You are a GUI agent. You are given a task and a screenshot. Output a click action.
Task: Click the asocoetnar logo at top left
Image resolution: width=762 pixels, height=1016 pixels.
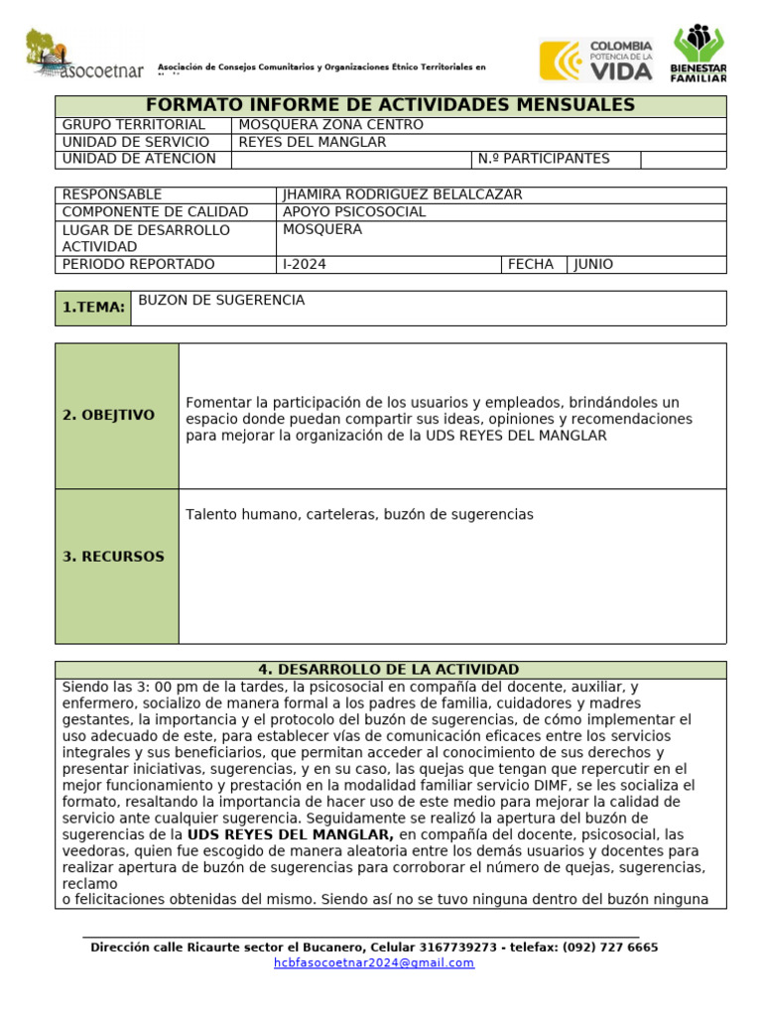[x=83, y=56]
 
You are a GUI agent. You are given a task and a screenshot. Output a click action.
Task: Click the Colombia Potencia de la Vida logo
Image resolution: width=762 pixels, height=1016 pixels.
[x=596, y=60]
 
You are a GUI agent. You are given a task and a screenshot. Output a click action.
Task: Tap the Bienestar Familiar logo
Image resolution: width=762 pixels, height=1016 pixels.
[x=705, y=56]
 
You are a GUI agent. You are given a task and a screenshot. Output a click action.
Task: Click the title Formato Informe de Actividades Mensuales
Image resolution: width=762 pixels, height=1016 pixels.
[x=390, y=105]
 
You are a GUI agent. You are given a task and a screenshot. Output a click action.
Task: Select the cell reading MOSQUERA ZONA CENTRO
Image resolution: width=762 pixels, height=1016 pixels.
[x=330, y=125]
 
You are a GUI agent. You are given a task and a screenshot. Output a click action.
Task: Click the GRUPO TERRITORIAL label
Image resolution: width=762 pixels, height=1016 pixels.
[x=133, y=125]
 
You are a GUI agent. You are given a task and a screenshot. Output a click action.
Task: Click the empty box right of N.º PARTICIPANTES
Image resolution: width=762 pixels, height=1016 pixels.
[x=683, y=159]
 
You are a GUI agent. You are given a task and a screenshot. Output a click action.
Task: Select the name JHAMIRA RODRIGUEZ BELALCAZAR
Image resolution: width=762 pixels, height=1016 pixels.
[x=402, y=194]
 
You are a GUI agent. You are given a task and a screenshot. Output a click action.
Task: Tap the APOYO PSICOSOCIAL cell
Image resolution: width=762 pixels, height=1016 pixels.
[x=354, y=212]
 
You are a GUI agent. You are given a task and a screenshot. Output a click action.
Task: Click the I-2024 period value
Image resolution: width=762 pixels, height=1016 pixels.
[x=305, y=264]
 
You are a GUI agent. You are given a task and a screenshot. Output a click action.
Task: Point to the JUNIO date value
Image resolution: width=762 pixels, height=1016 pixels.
[x=593, y=264]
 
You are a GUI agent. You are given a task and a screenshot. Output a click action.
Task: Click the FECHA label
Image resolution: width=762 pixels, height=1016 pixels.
[x=531, y=264]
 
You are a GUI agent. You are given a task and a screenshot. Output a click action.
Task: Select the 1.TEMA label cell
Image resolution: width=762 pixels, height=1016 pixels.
[x=93, y=308]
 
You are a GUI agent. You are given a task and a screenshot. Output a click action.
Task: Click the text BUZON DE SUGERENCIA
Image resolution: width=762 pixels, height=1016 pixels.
[x=221, y=301]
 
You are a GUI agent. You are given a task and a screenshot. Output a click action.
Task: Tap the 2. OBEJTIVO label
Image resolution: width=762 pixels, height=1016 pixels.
[x=108, y=416]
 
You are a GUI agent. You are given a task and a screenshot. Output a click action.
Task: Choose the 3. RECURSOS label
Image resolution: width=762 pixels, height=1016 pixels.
[x=113, y=557]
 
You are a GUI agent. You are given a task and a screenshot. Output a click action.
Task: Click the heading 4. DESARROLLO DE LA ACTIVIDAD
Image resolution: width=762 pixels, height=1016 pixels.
[x=390, y=670]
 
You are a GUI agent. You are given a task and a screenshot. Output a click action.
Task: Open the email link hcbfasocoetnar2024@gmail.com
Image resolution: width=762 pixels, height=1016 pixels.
[x=374, y=962]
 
